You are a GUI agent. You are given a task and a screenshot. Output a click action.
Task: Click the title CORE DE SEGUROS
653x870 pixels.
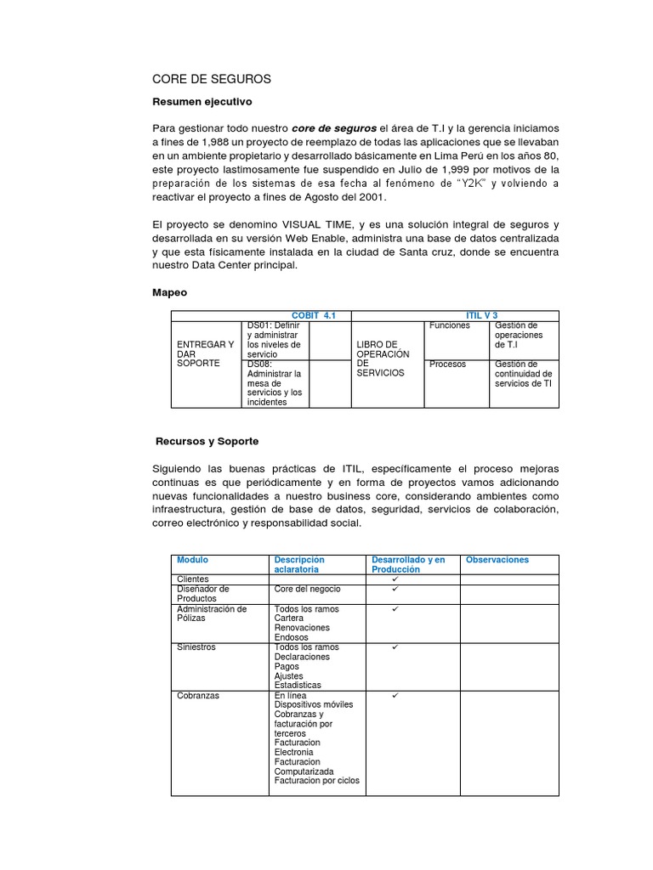click(x=211, y=79)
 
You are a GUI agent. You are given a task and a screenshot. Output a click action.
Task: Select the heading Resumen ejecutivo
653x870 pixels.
click(x=202, y=101)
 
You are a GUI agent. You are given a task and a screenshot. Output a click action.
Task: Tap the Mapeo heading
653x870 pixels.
click(x=169, y=291)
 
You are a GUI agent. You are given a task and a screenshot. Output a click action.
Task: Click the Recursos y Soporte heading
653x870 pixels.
click(x=207, y=442)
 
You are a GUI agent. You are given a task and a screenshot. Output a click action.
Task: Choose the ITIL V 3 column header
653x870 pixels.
click(x=482, y=315)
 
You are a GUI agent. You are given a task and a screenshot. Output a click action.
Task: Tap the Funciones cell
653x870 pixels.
click(x=449, y=326)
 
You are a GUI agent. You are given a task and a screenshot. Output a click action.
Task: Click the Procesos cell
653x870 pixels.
click(x=447, y=364)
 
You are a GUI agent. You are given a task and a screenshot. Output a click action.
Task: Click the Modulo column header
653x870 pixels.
click(x=192, y=560)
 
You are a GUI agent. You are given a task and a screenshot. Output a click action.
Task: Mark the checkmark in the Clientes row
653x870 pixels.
click(x=395, y=579)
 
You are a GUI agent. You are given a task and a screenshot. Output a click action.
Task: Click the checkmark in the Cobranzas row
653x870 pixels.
click(x=395, y=696)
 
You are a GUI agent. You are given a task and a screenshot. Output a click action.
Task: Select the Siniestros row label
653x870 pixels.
click(x=196, y=647)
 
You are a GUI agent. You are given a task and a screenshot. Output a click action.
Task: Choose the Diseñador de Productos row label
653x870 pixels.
click(x=202, y=594)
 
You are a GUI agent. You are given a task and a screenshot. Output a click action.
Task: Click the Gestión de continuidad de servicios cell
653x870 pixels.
click(x=523, y=373)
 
